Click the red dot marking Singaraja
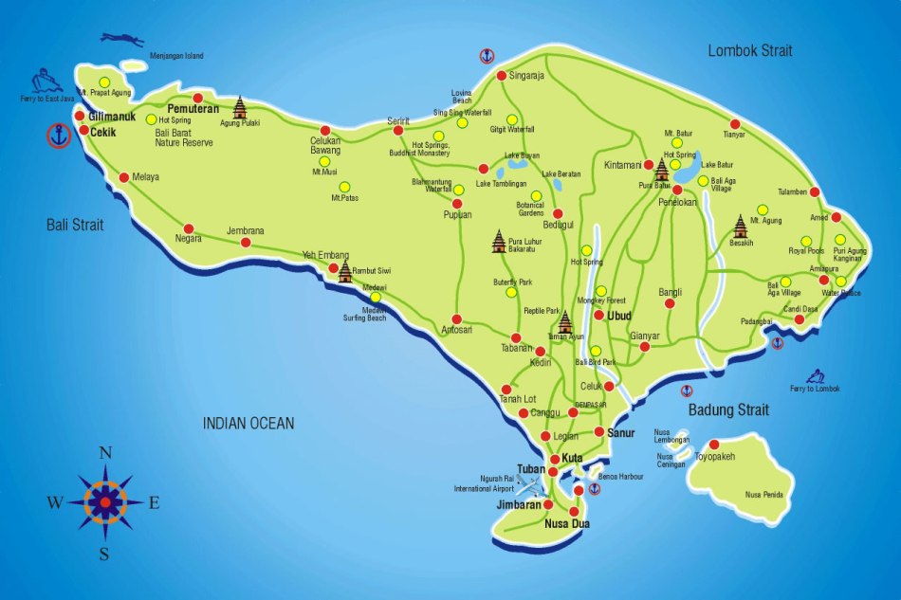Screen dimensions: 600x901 point(501,76)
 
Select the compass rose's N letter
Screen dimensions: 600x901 point(105,452)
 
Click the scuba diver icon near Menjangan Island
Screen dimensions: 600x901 point(122,40)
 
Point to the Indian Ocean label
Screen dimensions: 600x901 point(248,424)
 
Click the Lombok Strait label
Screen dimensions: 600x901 point(749,50)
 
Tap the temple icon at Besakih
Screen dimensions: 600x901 point(740,226)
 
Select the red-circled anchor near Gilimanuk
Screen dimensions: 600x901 point(59,136)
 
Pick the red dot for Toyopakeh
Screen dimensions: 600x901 point(713,444)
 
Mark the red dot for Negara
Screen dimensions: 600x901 point(189,228)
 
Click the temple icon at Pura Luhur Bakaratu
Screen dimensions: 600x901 point(499,242)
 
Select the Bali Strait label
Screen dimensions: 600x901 point(75,225)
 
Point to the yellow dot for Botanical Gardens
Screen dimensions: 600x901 point(536,196)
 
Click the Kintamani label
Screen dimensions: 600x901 point(623,165)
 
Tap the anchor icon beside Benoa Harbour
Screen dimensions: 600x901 point(595,489)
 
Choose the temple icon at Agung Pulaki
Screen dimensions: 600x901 point(240,106)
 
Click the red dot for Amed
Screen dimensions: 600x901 point(836,217)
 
